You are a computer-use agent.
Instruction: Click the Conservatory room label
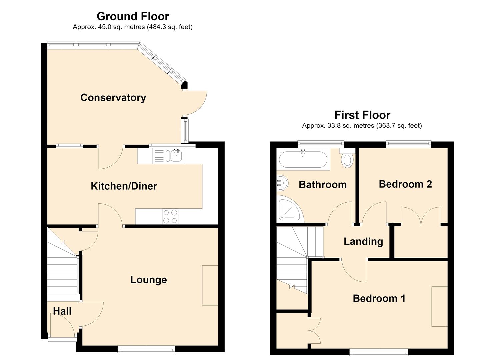coord(113,98)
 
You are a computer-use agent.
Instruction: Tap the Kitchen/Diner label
coord(124,186)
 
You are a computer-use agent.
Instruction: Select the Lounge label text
coord(149,280)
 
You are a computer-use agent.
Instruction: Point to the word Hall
coord(62,311)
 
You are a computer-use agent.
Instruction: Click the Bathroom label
coord(323,185)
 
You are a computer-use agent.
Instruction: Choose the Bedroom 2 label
coord(405,184)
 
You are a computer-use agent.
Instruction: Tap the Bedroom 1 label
coord(379,298)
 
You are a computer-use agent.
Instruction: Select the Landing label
coord(363,242)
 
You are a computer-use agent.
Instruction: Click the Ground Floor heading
coord(133,16)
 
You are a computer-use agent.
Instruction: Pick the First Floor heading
coord(362,115)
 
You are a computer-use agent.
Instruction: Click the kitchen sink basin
coord(176,156)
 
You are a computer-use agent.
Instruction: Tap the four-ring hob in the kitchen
coord(170,217)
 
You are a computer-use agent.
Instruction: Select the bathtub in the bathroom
coord(303,159)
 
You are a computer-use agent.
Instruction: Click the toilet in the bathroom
coord(347,158)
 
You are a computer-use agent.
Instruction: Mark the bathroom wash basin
coord(282,183)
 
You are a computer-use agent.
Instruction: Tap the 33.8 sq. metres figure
coord(338,126)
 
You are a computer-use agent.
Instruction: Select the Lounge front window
coord(146,349)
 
